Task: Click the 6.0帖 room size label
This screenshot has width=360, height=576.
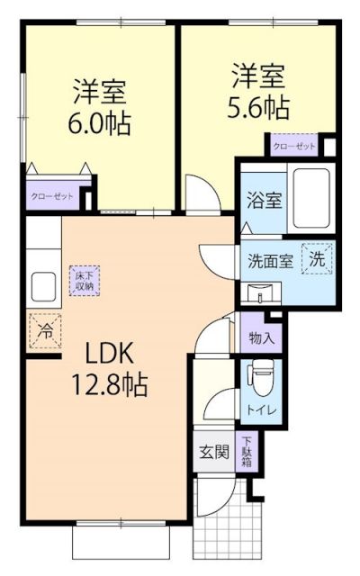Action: [x=101, y=121]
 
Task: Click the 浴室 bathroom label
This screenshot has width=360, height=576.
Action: [x=261, y=199]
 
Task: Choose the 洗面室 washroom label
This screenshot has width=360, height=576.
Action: [x=270, y=262]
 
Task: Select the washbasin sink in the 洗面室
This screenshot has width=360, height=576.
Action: [x=262, y=292]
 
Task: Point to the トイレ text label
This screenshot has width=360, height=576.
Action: [x=260, y=410]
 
